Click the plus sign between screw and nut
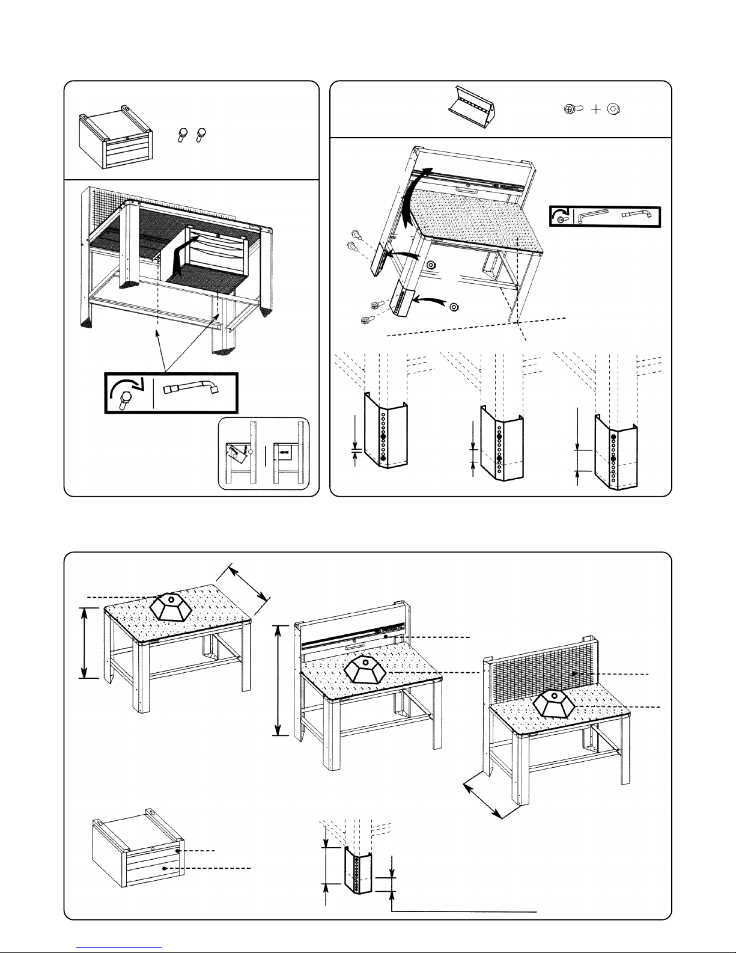(x=595, y=109)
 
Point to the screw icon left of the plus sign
(x=574, y=109)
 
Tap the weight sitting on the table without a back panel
(x=171, y=606)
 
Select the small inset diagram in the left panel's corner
(x=264, y=453)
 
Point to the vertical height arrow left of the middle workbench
(x=278, y=679)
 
